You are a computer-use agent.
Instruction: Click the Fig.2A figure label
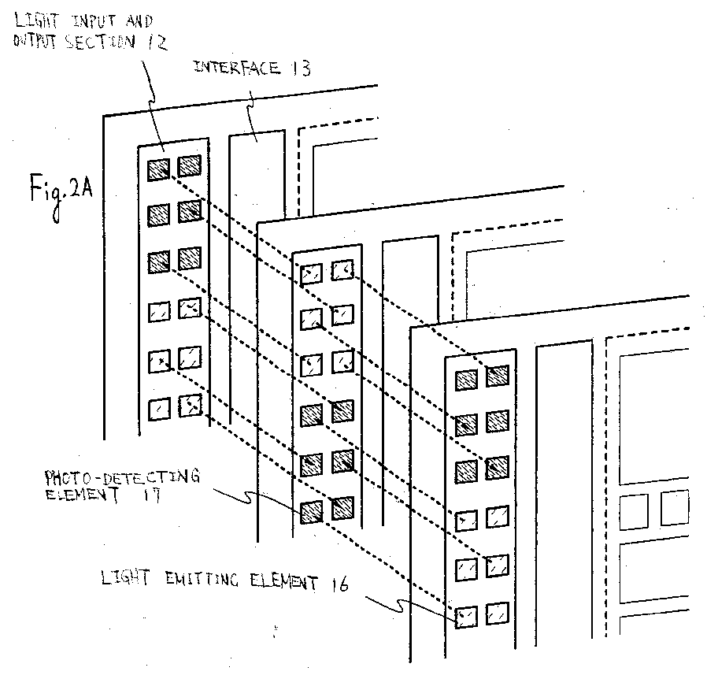tap(61, 195)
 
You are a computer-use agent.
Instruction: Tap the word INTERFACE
tap(237, 68)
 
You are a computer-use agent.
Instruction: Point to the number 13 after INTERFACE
tap(301, 69)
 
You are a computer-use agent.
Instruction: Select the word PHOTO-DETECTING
tap(122, 477)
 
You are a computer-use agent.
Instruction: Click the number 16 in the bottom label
tap(339, 584)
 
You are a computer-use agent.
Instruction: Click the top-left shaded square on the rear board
tap(159, 170)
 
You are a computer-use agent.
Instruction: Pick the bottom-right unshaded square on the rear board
tap(190, 406)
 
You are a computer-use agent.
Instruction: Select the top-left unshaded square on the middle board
tap(312, 273)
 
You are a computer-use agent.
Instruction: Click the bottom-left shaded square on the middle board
tap(312, 512)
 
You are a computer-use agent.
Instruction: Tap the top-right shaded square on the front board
tap(498, 375)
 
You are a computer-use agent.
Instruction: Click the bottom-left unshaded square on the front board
tap(466, 617)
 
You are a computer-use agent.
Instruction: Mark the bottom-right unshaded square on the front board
tap(498, 613)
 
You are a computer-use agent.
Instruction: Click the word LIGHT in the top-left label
tap(37, 21)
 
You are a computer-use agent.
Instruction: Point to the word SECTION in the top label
tap(100, 42)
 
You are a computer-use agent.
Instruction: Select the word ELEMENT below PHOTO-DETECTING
tap(83, 495)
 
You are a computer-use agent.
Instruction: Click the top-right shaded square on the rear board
tap(190, 165)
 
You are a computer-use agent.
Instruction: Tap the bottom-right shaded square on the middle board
tap(342, 508)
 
